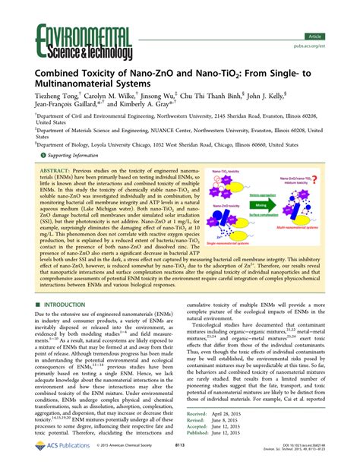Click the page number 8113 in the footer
[x=180, y=463]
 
